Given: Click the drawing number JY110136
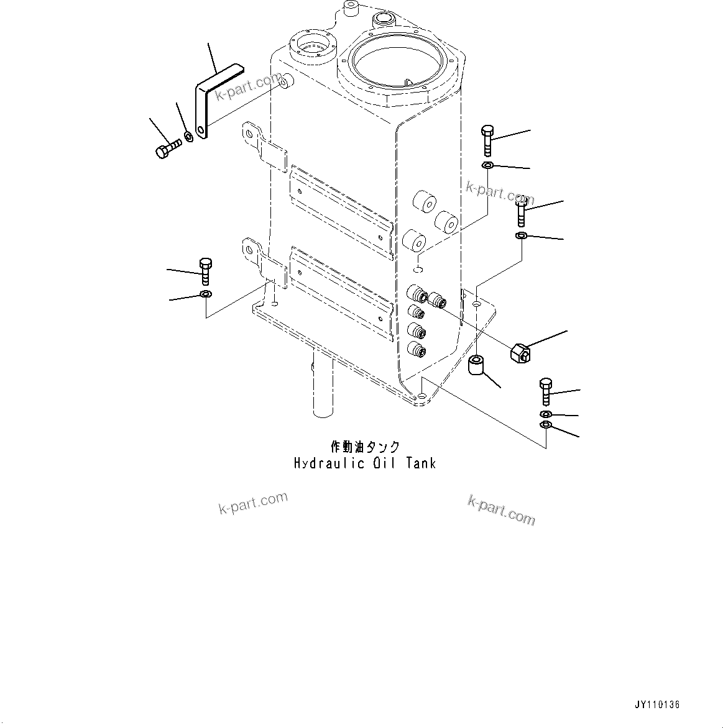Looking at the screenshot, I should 657,705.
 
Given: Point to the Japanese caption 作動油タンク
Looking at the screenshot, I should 365,447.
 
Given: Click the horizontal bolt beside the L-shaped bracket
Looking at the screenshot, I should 167,148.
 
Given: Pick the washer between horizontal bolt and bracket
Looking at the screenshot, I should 188,135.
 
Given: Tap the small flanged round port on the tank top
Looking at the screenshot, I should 310,46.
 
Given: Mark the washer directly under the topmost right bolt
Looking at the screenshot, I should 488,165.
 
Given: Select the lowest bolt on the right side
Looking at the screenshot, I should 545,391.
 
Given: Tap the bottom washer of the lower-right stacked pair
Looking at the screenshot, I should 545,425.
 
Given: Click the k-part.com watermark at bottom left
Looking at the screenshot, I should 253,503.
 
